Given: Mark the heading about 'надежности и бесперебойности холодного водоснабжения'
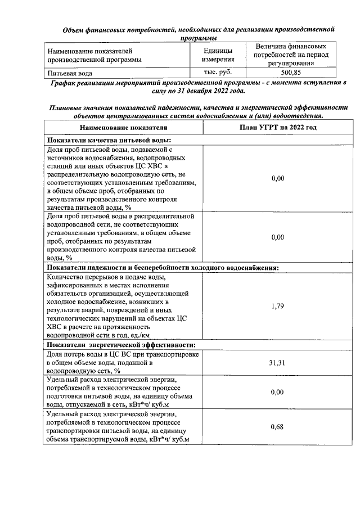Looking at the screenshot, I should coord(163,268).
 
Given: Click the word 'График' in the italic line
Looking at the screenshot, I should coord(64,83).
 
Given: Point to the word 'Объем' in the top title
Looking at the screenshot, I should coord(74,29).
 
